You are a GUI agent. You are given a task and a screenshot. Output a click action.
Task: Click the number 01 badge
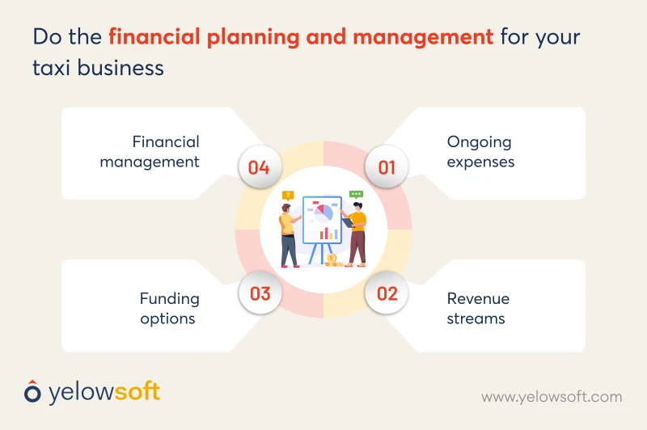(387, 168)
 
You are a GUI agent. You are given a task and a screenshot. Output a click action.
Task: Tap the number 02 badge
(387, 293)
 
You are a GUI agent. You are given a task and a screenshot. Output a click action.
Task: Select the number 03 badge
(260, 293)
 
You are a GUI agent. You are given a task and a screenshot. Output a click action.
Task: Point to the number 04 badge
(259, 168)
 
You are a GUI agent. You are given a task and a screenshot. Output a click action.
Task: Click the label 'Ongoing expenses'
(480, 151)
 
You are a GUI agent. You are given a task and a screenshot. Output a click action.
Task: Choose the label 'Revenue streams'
(478, 308)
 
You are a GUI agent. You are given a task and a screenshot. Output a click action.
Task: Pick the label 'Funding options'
(168, 308)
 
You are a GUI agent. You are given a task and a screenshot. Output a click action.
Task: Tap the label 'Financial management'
(150, 151)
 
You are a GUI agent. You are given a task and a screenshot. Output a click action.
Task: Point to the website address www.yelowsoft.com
(552, 396)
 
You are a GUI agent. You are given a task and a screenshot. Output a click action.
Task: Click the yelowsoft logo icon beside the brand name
(32, 392)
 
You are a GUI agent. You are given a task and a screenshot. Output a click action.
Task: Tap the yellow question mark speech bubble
(287, 196)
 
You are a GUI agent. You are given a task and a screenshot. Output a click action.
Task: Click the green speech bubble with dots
(356, 194)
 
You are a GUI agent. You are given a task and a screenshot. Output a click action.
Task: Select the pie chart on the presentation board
(323, 214)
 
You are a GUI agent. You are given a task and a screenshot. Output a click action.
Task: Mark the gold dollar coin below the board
(332, 259)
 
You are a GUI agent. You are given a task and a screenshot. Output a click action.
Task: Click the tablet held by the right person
(346, 221)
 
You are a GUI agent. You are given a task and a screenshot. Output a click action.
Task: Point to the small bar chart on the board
(328, 234)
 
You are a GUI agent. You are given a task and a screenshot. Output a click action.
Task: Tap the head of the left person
(287, 209)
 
